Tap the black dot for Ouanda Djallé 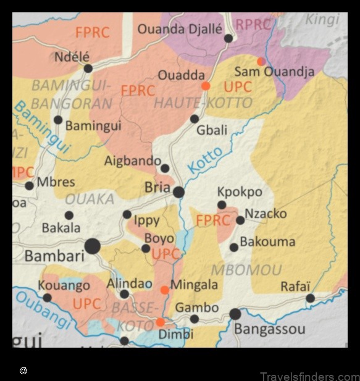coord(228,38)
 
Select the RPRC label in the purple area coord(253,25)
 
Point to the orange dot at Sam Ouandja coord(261,61)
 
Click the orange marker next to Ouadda coord(206,86)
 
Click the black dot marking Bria coord(178,192)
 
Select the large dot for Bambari coord(93,246)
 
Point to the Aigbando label coord(132,161)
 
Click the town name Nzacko coord(266,214)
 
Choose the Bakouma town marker coord(234,248)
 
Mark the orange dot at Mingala coord(165,290)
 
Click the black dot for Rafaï coord(310,298)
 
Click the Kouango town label coord(64,286)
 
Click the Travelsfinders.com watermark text coord(309,376)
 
